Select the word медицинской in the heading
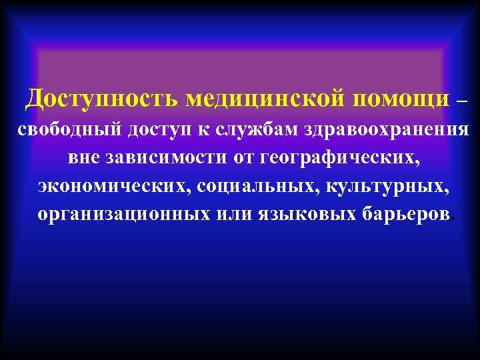pyautogui.click(x=265, y=99)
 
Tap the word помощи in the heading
pyautogui.click(x=402, y=100)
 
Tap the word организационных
pyautogui.click(x=124, y=216)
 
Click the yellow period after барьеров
pyautogui.click(x=454, y=221)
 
